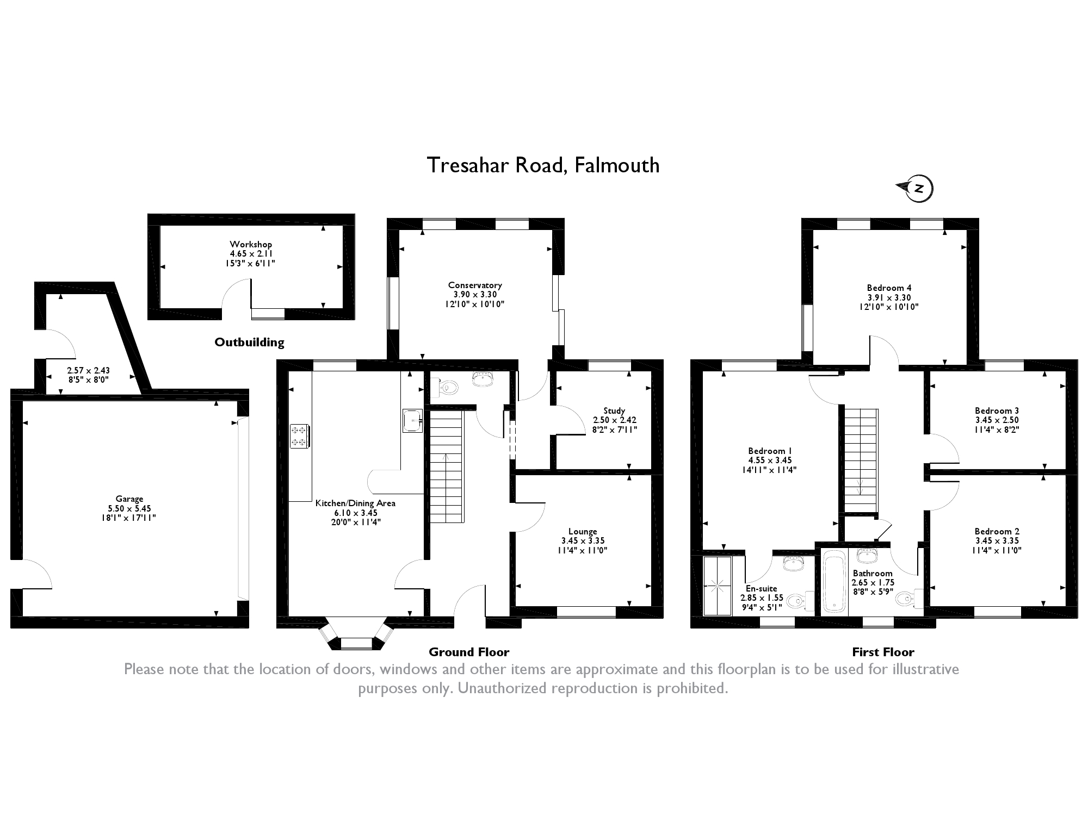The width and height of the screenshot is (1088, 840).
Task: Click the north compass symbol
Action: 917,189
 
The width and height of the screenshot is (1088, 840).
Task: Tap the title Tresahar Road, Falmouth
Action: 543,165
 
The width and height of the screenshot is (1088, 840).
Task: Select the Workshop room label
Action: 250,245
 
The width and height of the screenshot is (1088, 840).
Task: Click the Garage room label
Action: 129,499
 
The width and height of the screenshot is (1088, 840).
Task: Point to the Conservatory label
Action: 474,285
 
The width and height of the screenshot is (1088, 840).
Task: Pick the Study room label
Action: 614,410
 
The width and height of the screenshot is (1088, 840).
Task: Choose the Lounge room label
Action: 583,531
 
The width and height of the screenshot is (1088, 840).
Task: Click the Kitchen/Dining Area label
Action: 355,503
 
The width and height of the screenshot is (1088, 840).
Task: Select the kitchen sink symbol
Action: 412,420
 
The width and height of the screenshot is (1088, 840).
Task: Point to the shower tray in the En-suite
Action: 717,585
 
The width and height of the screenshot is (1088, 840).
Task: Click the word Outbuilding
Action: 249,342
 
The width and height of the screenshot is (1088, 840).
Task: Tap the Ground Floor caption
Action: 468,652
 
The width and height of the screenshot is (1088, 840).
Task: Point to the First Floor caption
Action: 883,652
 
